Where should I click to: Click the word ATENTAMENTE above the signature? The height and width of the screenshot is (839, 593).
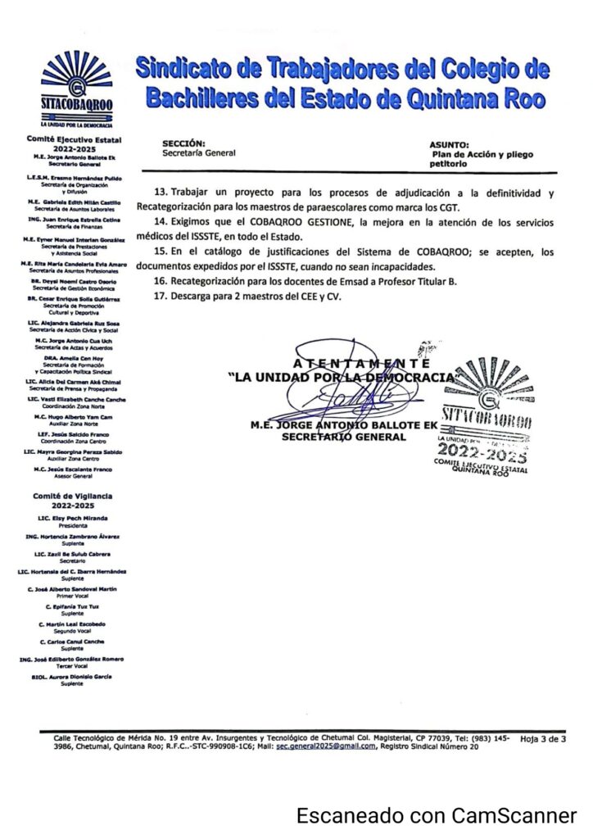point(361,362)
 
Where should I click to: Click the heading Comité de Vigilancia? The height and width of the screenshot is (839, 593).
point(72,496)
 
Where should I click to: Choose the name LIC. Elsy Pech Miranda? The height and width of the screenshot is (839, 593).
point(72,518)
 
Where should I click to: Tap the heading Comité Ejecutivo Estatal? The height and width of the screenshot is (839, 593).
point(72,141)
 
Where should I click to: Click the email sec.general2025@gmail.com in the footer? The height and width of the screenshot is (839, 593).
point(325,746)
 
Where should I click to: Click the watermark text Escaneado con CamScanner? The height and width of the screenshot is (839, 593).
point(437,816)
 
